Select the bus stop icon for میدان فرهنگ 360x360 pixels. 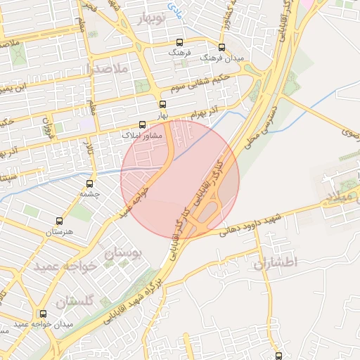221,47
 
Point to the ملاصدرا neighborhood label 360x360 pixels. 107,69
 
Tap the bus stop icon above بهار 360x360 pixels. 163,104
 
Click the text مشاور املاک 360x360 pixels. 142,134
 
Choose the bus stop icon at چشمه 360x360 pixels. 88,183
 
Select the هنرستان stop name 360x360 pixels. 59,231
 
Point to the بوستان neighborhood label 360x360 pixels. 123,253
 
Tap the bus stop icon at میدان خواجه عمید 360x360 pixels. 44,314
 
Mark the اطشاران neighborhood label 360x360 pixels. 275,262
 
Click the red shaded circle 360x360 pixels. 180,180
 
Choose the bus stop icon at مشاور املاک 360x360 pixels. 143,124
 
